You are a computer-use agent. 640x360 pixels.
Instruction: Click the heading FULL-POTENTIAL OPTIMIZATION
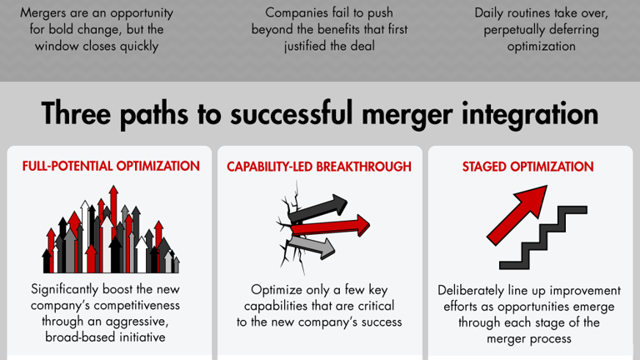(x=111, y=166)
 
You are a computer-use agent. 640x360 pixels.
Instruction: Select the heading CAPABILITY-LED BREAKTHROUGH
(x=319, y=167)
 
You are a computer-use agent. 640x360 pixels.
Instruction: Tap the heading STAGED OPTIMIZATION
(x=527, y=167)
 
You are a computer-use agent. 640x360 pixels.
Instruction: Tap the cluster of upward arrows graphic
(x=111, y=234)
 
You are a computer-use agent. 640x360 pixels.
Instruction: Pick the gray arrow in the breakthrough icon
(x=312, y=247)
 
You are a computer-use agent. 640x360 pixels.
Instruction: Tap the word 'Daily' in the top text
(x=492, y=13)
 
